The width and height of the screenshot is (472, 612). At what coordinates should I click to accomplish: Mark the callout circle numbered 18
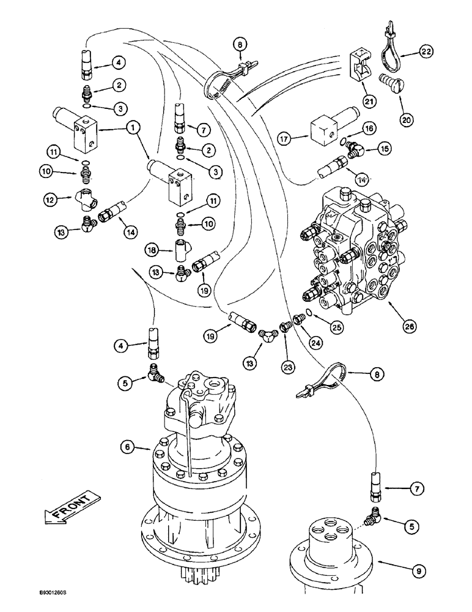coord(153,250)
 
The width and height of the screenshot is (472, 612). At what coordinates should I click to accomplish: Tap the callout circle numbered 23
coord(289,368)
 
